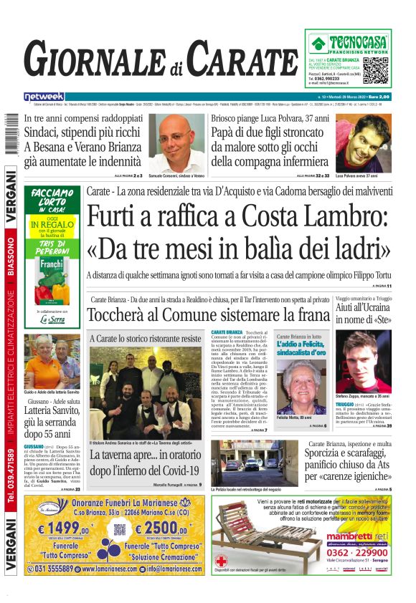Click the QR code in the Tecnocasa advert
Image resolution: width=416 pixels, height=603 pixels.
click(x=376, y=69)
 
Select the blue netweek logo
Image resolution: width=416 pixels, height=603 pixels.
click(x=44, y=96)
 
